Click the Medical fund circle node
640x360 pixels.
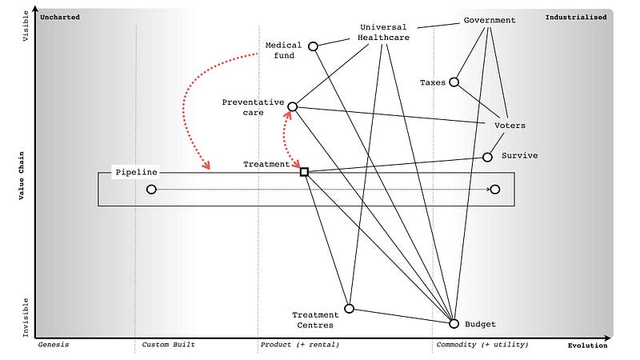(x=313, y=46)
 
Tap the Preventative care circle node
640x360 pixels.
(x=292, y=106)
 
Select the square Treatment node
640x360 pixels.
(x=304, y=171)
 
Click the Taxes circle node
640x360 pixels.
(x=454, y=82)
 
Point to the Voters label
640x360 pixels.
(x=510, y=126)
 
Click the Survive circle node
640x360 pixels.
(x=487, y=158)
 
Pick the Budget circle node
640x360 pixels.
(x=454, y=324)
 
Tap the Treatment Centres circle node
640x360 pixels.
(x=349, y=308)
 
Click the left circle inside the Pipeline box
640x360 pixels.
(x=151, y=190)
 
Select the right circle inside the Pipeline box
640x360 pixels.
(x=494, y=190)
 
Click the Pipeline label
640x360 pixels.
(x=136, y=172)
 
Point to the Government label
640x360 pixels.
(x=490, y=20)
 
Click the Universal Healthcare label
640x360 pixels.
(x=383, y=32)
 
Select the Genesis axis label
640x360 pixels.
(x=54, y=345)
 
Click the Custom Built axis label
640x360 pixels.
(x=168, y=345)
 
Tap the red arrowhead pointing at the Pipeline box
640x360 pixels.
(x=207, y=166)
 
